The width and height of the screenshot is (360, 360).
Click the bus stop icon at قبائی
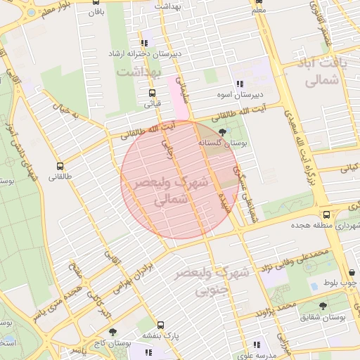point(153,93)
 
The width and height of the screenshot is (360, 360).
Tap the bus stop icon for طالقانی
point(60,167)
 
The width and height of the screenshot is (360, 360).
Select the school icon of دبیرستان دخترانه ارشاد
point(144,43)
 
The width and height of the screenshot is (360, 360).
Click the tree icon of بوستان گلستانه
point(223,132)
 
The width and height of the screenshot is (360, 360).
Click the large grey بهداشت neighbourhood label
point(139,72)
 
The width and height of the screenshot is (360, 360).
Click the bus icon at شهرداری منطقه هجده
point(326,214)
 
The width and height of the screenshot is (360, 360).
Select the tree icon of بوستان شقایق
point(323,307)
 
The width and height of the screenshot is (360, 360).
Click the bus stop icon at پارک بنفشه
point(161,325)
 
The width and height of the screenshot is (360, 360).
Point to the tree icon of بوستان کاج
point(112,332)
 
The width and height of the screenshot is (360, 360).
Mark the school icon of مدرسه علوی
point(257,345)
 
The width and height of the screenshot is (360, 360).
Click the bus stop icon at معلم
point(258,2)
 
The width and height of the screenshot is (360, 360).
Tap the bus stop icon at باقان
point(96,2)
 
